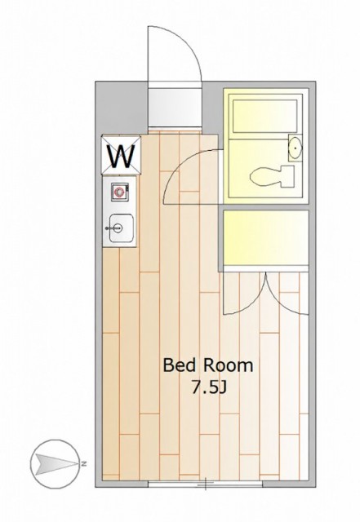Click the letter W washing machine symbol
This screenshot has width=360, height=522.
122,155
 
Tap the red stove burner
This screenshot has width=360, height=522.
119,192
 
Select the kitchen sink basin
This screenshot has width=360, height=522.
122,228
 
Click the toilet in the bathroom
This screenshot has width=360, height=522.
272,176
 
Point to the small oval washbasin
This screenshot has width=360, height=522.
296,148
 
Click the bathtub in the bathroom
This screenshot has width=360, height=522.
264,116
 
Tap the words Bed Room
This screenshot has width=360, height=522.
207,365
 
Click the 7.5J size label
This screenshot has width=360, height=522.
209,387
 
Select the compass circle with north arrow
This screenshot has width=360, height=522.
56,464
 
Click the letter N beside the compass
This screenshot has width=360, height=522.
83,463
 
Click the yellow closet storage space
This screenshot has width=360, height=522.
265,237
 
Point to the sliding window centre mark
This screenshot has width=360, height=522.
206,484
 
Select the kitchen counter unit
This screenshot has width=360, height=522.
119,211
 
